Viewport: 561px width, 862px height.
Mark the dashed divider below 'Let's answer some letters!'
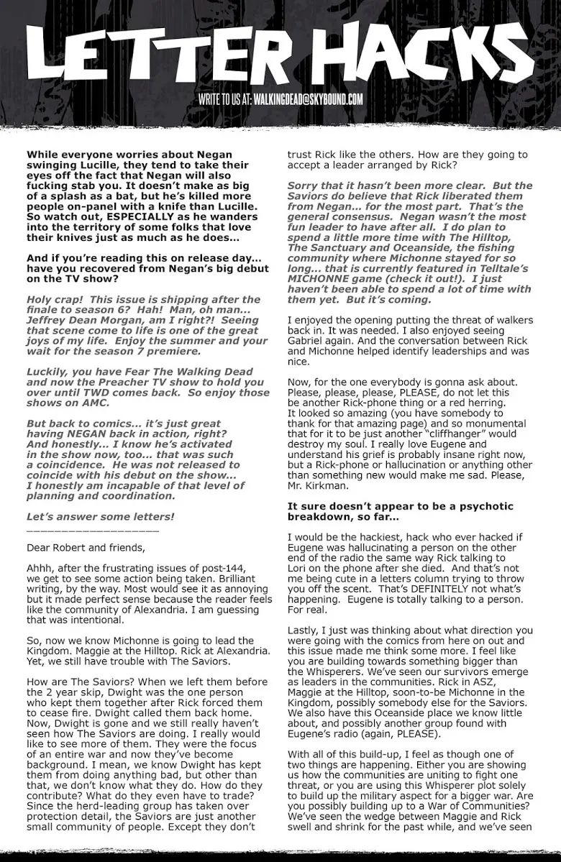pyautogui.click(x=92, y=530)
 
